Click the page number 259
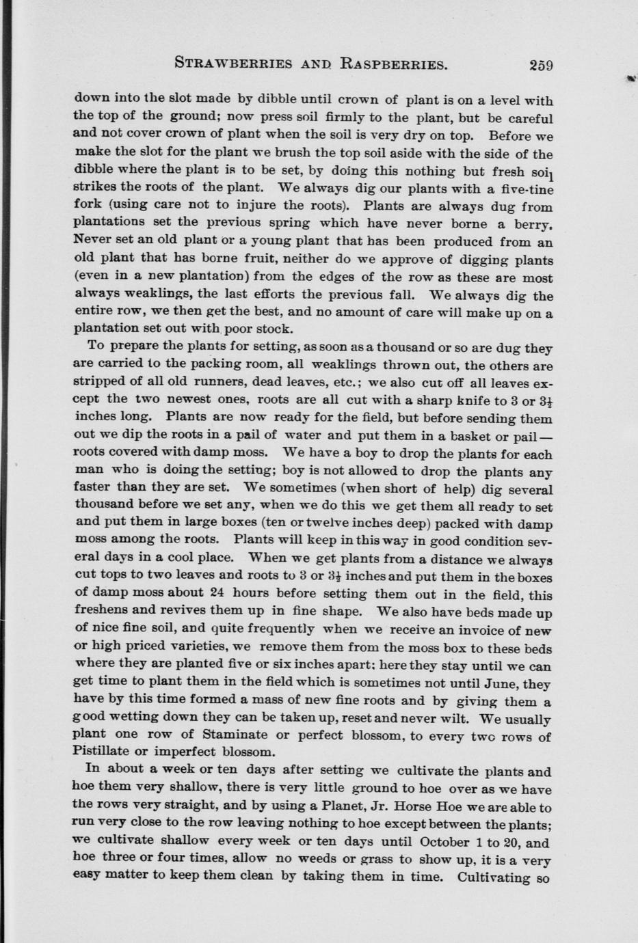pyautogui.click(x=540, y=66)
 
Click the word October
pyautogui.click(x=444, y=842)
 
